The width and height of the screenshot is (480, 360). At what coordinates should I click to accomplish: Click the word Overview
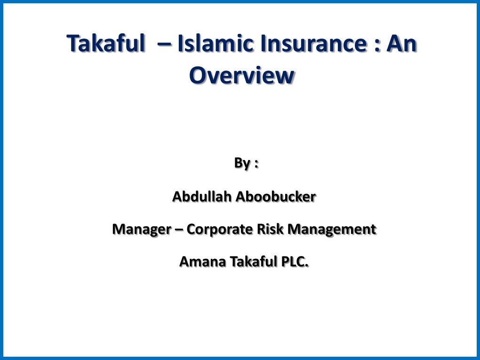click(x=241, y=75)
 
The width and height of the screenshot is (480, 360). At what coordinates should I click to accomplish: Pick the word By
click(x=242, y=163)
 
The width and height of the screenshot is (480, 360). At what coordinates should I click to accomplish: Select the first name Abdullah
click(x=202, y=197)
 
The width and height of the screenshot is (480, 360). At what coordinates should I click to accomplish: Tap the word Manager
click(x=141, y=230)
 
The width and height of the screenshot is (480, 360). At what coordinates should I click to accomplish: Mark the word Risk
click(x=272, y=230)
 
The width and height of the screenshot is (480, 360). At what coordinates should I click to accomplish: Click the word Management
click(x=332, y=230)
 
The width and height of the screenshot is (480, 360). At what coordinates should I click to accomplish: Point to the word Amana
click(x=201, y=262)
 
